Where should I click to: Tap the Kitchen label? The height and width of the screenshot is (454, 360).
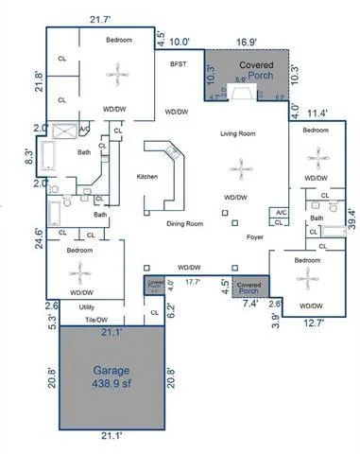pos(146,177)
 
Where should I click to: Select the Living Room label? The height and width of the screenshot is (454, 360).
pos(238,134)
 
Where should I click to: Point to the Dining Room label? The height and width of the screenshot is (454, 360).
pos(184,223)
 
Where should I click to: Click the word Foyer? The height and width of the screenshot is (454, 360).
pos(254,237)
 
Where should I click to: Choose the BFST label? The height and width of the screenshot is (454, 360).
pos(179,63)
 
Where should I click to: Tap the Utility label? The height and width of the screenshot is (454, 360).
pos(86,307)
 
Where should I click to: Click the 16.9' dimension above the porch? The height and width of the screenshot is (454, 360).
pos(246,42)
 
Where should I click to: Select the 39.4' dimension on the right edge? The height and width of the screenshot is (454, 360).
pos(351,218)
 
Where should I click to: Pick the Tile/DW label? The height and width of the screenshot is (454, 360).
pos(94,320)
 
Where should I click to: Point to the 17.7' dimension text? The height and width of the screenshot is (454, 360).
pos(194,281)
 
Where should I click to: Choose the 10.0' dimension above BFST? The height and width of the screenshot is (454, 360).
pos(179,42)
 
